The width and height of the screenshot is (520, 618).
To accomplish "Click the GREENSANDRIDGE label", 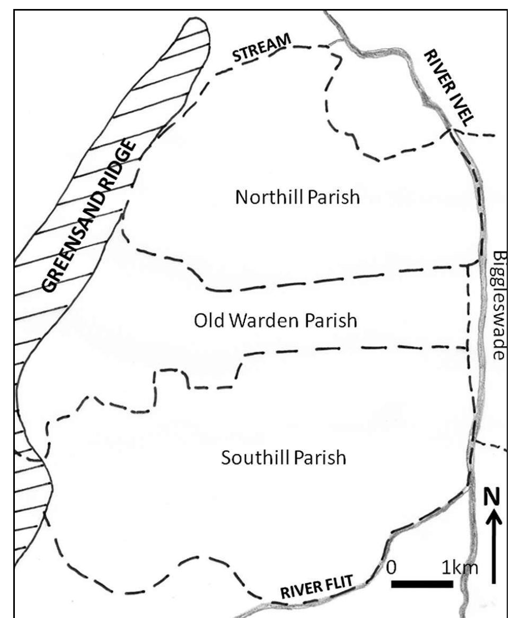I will [x=90, y=216].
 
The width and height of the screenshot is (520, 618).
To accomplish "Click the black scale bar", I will [x=422, y=584].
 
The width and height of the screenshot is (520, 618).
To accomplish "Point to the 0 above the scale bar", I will [x=392, y=568].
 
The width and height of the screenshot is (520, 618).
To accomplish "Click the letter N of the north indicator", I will [x=493, y=498].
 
